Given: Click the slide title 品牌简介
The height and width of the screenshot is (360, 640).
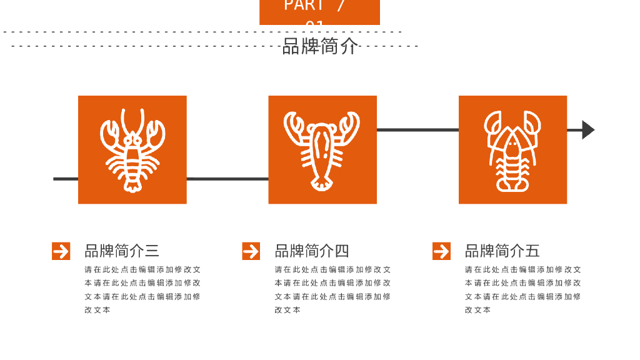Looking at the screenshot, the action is pyautogui.click(x=320, y=46).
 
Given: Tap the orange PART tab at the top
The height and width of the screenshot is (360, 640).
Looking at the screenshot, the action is pyautogui.click(x=319, y=11).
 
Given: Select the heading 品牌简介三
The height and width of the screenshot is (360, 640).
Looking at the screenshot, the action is pyautogui.click(x=122, y=251).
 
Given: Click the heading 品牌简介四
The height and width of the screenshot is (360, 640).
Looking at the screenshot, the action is pyautogui.click(x=312, y=251).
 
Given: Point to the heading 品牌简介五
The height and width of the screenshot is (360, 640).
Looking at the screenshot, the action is pyautogui.click(x=502, y=251).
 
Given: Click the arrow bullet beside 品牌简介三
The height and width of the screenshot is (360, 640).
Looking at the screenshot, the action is pyautogui.click(x=61, y=251).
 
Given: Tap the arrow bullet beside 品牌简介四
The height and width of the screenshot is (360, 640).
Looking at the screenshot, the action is pyautogui.click(x=251, y=251).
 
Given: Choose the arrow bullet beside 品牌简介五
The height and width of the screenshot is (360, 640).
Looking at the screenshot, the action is pyautogui.click(x=441, y=251).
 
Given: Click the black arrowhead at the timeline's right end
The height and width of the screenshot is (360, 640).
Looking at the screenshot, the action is pyautogui.click(x=587, y=130).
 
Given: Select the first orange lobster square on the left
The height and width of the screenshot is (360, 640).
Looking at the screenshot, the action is pyautogui.click(x=132, y=150).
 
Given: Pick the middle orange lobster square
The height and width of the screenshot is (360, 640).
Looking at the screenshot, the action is pyautogui.click(x=322, y=150).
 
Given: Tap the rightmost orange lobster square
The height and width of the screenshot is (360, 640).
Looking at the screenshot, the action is pyautogui.click(x=512, y=150).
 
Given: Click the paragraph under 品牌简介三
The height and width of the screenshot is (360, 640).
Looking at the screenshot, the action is pyautogui.click(x=142, y=289).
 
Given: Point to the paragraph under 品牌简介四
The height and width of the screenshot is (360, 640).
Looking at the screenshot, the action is pyautogui.click(x=332, y=289).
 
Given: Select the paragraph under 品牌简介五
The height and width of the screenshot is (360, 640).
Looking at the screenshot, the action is pyautogui.click(x=522, y=289).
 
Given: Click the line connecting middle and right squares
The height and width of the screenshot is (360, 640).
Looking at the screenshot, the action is pyautogui.click(x=417, y=130).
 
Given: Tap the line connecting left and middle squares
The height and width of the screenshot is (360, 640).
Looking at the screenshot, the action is pyautogui.click(x=227, y=179).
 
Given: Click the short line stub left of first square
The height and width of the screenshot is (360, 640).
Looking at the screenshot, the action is pyautogui.click(x=66, y=179).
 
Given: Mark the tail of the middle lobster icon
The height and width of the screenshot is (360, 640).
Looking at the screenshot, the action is pyautogui.click(x=322, y=183).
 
